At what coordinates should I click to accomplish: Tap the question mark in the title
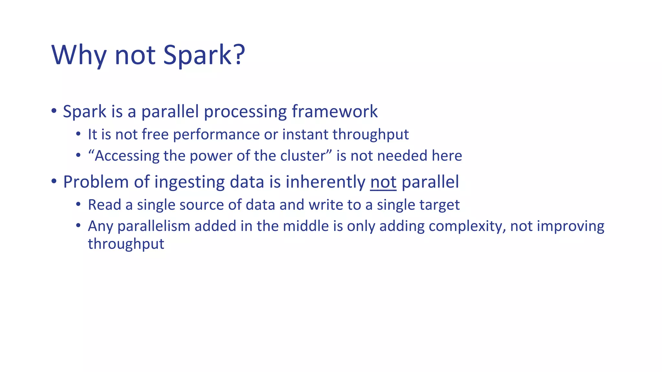pyautogui.click(x=239, y=54)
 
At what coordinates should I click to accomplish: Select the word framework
pyautogui.click(x=335, y=112)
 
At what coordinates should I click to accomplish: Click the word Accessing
pyautogui.click(x=126, y=156)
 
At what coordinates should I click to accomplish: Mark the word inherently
pyautogui.click(x=325, y=182)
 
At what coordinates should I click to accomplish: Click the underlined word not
pyautogui.click(x=383, y=182)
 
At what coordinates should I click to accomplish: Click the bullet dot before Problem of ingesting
pyautogui.click(x=54, y=181)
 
